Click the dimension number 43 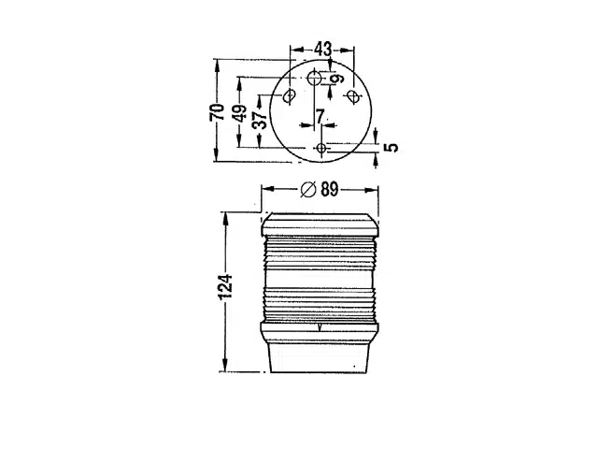pyautogui.click(x=323, y=50)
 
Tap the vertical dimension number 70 pyautogui.click(x=217, y=112)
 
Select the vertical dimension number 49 pyautogui.click(x=240, y=113)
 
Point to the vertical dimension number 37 pyautogui.click(x=261, y=120)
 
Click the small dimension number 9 pyautogui.click(x=336, y=79)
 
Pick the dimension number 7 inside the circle pyautogui.click(x=320, y=116)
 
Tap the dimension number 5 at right pyautogui.click(x=392, y=147)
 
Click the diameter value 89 pyautogui.click(x=330, y=189)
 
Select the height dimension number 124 pyautogui.click(x=225, y=286)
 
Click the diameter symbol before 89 pyautogui.click(x=308, y=189)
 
